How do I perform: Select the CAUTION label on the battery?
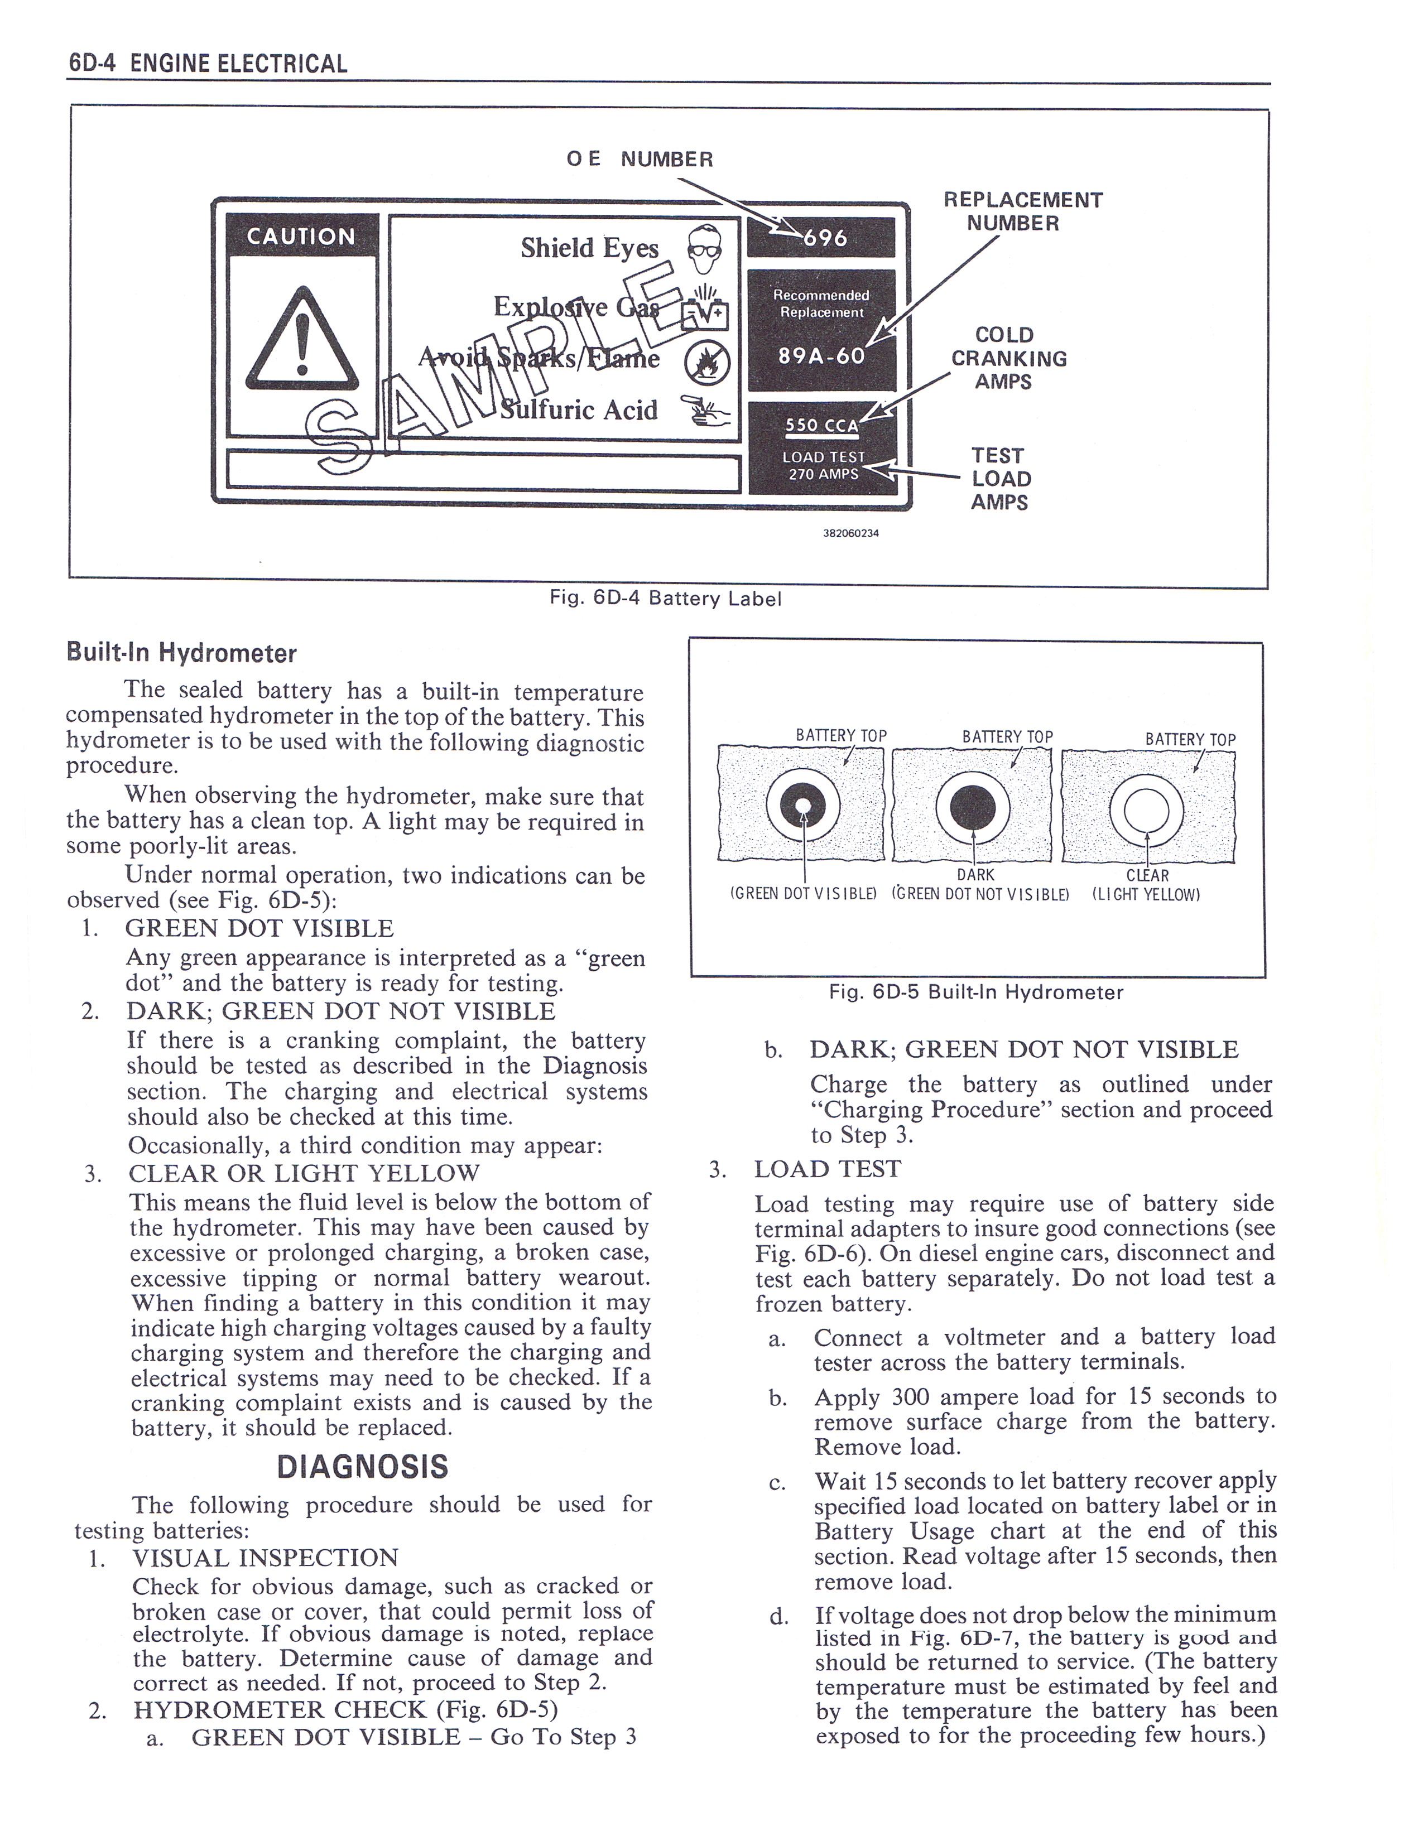click(x=300, y=237)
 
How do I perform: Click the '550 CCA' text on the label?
click(x=821, y=426)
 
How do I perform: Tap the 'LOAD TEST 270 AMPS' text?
click(x=823, y=465)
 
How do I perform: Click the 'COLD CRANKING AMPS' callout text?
click(x=1008, y=358)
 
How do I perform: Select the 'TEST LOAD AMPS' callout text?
click(x=1001, y=479)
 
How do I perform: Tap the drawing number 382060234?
click(x=850, y=533)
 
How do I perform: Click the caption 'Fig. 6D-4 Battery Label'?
click(x=665, y=599)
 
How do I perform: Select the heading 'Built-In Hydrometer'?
click(x=181, y=653)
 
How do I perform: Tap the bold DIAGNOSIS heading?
click(x=363, y=1468)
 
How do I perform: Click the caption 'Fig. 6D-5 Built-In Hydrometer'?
click(x=975, y=992)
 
